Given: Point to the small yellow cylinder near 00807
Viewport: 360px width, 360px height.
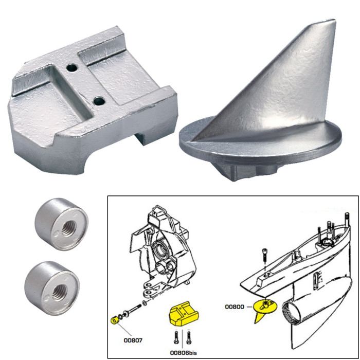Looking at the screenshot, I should coord(114,322).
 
